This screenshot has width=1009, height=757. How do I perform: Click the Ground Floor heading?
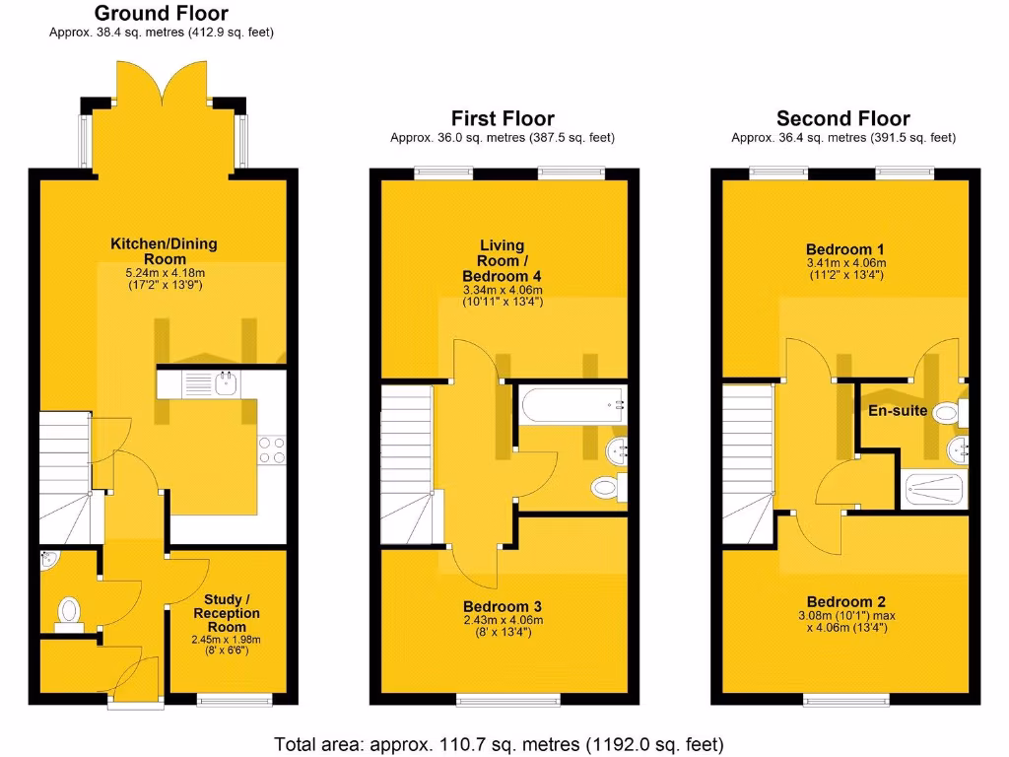click(x=162, y=14)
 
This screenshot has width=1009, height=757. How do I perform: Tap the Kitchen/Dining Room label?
click(x=164, y=251)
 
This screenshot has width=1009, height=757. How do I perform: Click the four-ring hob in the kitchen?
click(x=271, y=449)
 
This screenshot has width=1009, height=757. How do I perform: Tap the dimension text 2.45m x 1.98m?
click(x=227, y=639)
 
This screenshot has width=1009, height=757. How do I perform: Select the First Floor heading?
click(x=503, y=119)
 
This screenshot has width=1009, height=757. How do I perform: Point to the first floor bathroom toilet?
click(x=605, y=486)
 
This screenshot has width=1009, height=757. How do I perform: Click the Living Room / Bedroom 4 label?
click(x=503, y=260)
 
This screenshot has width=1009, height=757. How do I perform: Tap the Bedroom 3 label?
click(x=503, y=606)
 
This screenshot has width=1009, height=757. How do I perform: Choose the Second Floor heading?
click(x=842, y=119)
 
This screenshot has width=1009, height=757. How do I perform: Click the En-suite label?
click(x=897, y=410)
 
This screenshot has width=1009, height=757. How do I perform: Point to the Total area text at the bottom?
click(x=500, y=743)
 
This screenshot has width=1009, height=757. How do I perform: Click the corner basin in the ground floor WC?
click(x=51, y=561)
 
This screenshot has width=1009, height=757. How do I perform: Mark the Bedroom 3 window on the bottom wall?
click(x=503, y=701)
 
